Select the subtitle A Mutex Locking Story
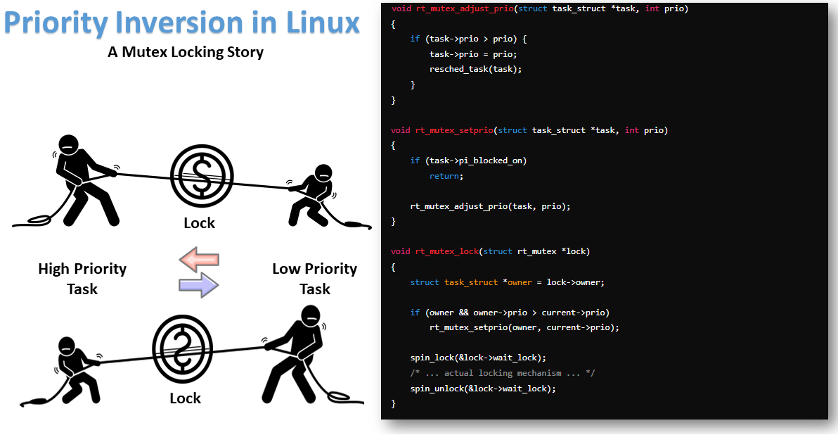coord(186,52)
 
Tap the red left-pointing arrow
coord(199,259)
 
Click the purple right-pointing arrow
coord(199,285)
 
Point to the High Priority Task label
coord(82,279)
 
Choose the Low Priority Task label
coord(314,279)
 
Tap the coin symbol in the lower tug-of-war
coord(182,348)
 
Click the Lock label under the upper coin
coord(200,223)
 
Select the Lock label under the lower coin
coord(185,398)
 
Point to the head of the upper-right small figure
coord(323,173)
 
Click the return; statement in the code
coord(446,176)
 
